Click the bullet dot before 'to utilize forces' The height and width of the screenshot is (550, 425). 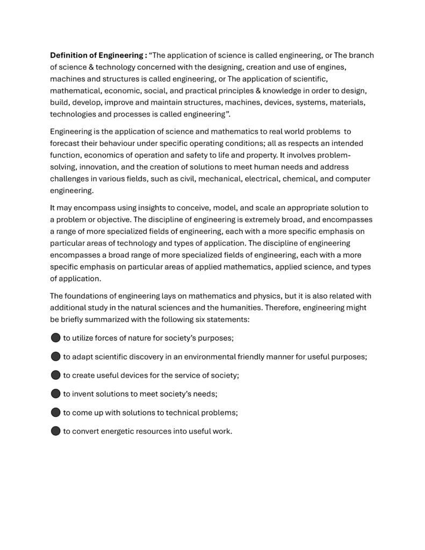[x=55, y=338]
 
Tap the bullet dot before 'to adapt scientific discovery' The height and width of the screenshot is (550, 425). [x=55, y=357]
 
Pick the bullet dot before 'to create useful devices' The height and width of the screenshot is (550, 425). [x=55, y=375]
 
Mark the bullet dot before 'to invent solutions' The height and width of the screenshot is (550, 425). [x=55, y=394]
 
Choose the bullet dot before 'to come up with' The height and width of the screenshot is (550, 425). [x=55, y=412]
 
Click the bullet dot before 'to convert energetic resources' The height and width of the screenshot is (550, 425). [x=55, y=431]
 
